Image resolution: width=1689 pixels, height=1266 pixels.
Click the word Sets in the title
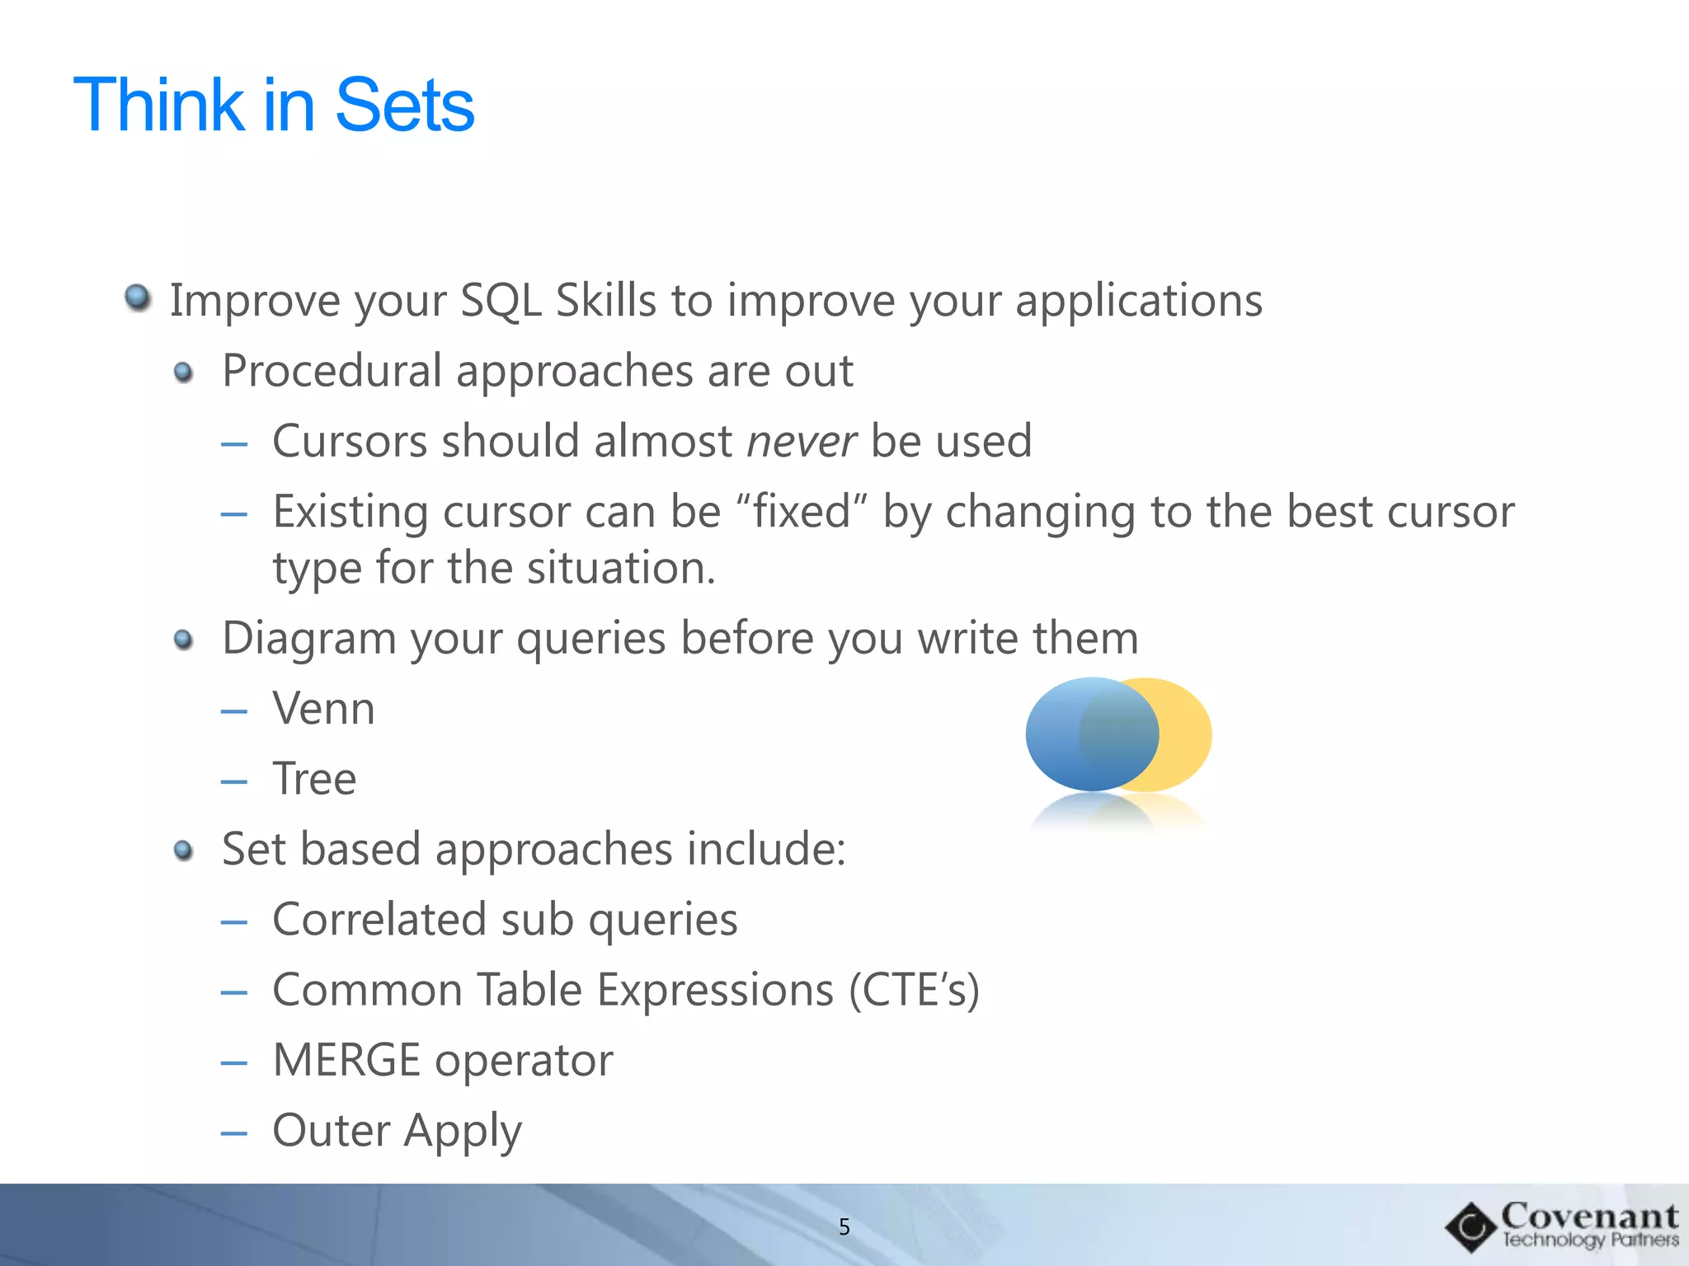[405, 105]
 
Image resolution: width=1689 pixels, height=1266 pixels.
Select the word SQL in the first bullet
[501, 300]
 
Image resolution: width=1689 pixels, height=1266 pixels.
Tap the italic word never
[801, 441]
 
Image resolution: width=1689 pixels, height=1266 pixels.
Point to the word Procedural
[332, 371]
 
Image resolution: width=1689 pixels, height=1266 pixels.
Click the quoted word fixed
[801, 512]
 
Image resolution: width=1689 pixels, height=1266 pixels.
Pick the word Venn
[323, 709]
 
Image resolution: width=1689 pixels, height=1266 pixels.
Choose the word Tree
[314, 779]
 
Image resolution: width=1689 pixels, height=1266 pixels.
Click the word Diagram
[309, 639]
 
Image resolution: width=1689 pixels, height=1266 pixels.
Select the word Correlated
[379, 920]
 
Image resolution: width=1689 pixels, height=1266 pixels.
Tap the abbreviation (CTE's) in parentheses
[914, 990]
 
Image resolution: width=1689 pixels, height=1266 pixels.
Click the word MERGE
[346, 1061]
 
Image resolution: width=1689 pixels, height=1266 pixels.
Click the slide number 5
[844, 1227]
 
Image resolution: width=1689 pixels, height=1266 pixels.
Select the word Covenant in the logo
[1589, 1216]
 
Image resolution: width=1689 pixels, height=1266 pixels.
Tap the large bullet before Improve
[138, 298]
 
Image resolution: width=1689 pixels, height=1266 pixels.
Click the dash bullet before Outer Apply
[234, 1133]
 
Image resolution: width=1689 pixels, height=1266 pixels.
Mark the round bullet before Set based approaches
[184, 851]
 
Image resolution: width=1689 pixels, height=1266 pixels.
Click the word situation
[621, 569]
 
